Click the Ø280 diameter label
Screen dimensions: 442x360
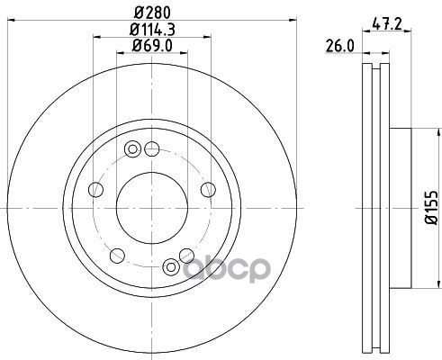(x=153, y=13)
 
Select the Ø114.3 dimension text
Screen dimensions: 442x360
(x=152, y=30)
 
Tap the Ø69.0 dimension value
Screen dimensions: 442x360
(x=152, y=45)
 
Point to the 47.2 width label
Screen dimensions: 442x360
(x=387, y=23)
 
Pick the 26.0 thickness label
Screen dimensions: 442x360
(x=339, y=46)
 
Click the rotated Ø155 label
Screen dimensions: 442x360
(x=433, y=207)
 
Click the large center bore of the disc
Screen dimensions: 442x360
(x=152, y=208)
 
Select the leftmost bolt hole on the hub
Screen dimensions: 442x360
(x=96, y=190)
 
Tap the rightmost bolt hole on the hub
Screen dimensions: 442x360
(x=208, y=190)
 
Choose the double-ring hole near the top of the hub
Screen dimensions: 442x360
(x=132, y=148)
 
